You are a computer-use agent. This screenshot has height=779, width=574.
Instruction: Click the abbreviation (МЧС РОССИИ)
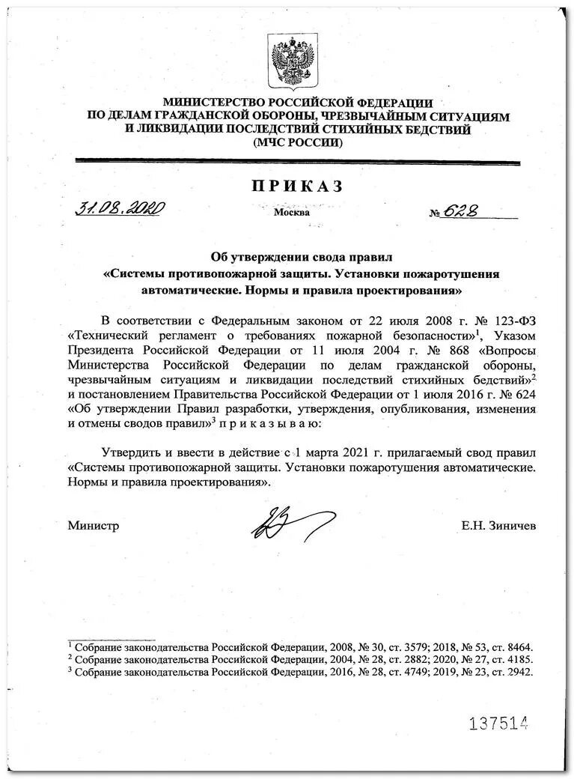click(x=298, y=142)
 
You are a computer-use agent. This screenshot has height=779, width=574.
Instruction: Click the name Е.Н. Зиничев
click(x=498, y=526)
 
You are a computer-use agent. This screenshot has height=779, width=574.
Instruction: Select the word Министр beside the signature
click(x=94, y=526)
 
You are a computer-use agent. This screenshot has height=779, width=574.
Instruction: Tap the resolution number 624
click(x=524, y=393)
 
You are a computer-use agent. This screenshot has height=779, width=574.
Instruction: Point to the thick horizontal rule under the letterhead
click(x=298, y=161)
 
